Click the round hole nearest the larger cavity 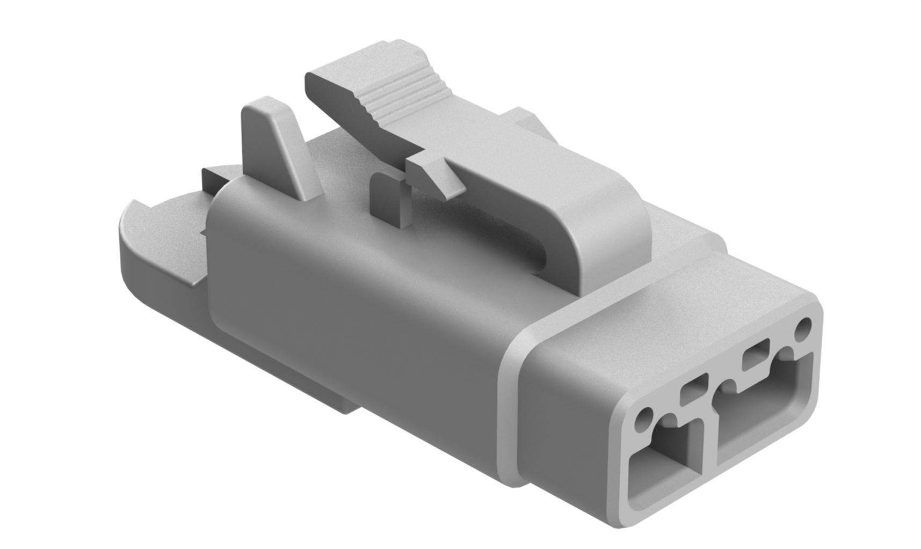pos(804,327)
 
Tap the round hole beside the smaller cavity pos(643,420)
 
